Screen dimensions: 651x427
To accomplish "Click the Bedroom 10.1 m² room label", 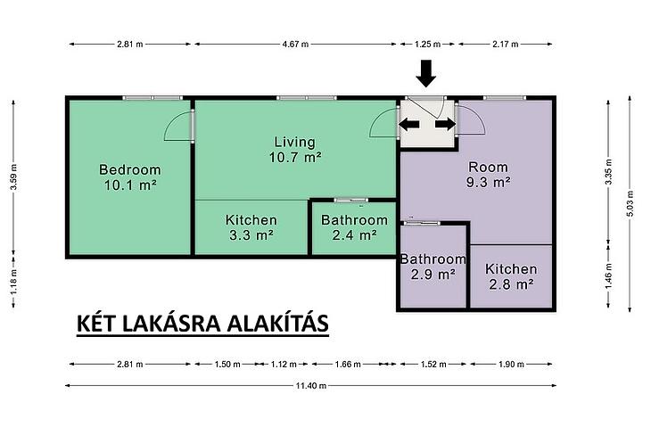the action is (x=130, y=177).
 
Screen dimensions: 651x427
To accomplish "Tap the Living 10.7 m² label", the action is (x=295, y=150).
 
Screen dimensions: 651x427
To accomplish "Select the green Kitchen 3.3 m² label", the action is (x=251, y=227).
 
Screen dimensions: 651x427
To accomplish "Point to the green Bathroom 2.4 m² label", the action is (x=354, y=227).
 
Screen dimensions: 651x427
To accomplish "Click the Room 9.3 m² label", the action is (x=488, y=175).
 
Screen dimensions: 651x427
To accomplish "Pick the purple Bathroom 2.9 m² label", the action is (x=433, y=267).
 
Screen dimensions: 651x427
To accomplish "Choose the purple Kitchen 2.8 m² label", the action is (x=511, y=276).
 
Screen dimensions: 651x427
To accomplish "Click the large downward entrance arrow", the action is (x=426, y=73).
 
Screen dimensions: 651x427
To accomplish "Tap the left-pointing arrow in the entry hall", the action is (x=409, y=124).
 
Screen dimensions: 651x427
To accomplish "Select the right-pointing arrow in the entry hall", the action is (x=446, y=124).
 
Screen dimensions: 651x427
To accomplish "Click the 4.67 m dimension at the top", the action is (x=295, y=44).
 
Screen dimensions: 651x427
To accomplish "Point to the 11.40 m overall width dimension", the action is (x=311, y=385).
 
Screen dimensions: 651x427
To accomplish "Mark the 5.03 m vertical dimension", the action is (x=630, y=203).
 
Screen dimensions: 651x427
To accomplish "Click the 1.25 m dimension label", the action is (x=428, y=44).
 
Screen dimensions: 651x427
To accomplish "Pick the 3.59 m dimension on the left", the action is (x=13, y=177).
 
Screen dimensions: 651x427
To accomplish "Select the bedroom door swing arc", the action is (x=177, y=126).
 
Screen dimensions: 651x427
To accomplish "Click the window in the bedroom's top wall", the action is (x=152, y=98).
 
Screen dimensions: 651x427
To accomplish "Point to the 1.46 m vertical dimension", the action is (x=608, y=276).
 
